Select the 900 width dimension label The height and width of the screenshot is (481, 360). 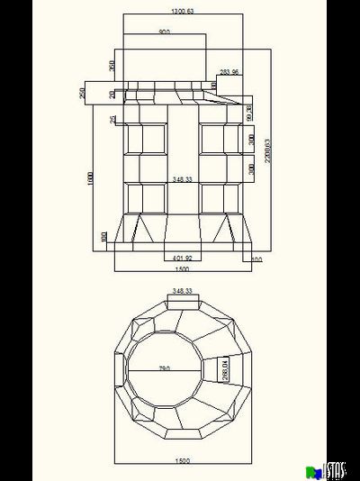[164, 32]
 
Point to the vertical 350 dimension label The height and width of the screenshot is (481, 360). [112, 66]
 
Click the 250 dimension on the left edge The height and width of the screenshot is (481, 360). [83, 93]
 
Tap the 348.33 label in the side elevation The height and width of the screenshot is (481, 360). [183, 179]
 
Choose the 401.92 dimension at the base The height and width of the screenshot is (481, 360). [183, 259]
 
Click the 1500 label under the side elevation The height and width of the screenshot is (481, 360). [182, 269]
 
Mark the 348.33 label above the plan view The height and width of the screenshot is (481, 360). [183, 291]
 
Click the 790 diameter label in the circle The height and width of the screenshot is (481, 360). [165, 368]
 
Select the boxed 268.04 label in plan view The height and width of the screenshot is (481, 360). [225, 369]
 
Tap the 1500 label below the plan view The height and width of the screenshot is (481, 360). [182, 460]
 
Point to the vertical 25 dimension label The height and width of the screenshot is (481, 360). [112, 120]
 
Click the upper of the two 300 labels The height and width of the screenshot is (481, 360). [251, 141]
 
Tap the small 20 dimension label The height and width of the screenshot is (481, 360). [112, 94]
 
